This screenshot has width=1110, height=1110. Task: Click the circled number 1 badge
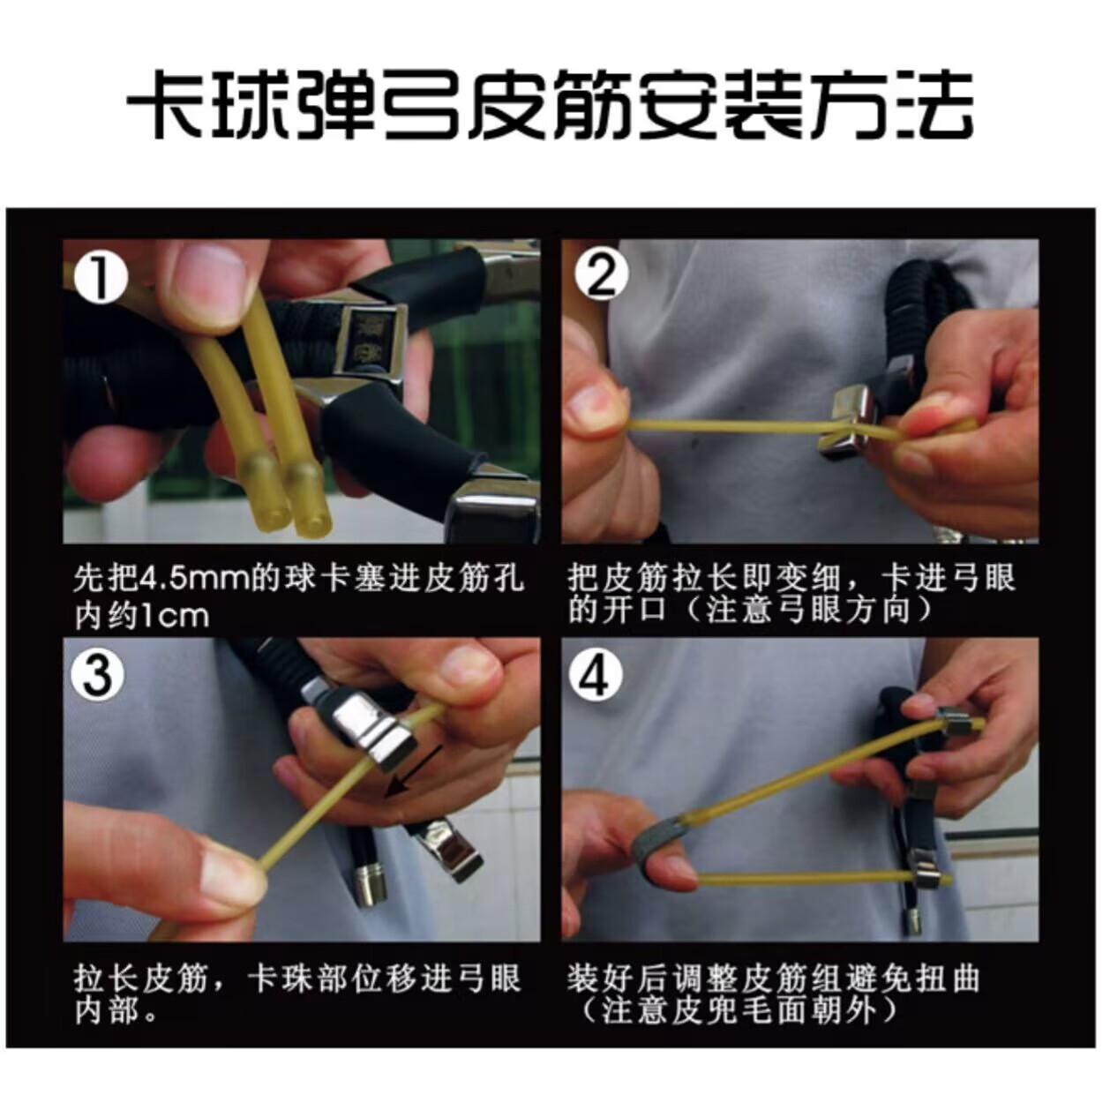click(101, 278)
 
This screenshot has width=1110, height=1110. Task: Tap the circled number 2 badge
click(601, 276)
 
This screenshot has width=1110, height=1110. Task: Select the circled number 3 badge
click(97, 674)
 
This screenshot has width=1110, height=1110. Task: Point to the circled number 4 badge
click(596, 675)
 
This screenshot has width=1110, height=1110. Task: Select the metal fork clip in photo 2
click(852, 419)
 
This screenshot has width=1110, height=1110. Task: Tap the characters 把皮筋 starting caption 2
click(620, 577)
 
